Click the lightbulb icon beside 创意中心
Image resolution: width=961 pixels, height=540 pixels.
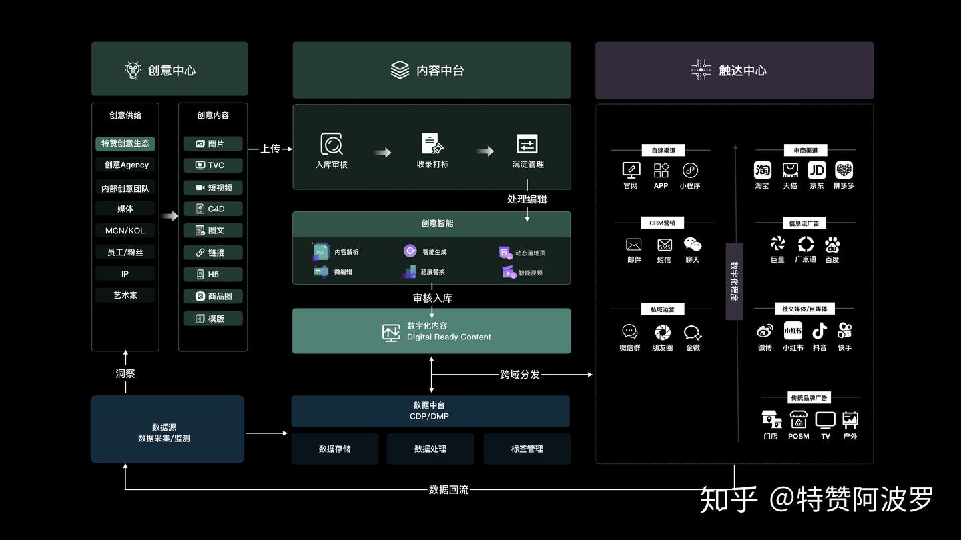(x=133, y=70)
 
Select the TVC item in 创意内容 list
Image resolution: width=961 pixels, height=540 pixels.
(x=213, y=165)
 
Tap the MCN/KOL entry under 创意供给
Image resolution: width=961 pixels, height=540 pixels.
(x=125, y=231)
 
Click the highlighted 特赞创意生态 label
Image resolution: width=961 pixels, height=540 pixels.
(x=125, y=143)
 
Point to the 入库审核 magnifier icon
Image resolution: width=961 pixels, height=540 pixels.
(x=332, y=144)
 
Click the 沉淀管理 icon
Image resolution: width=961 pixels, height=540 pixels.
(x=527, y=144)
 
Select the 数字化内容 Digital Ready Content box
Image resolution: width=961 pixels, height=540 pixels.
(x=431, y=331)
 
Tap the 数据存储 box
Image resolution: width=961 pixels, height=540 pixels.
(x=334, y=449)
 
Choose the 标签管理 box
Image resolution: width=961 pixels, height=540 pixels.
(x=527, y=449)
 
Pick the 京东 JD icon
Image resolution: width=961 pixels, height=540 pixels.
(x=817, y=170)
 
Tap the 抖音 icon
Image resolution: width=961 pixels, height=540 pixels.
(x=820, y=331)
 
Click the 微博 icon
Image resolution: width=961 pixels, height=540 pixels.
(x=765, y=331)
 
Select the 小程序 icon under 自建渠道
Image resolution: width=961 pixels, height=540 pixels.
(x=690, y=170)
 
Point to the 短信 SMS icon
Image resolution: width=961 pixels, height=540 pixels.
(x=664, y=245)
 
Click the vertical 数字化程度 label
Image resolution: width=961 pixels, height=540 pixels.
(x=734, y=281)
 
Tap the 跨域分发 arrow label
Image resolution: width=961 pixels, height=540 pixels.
(x=520, y=375)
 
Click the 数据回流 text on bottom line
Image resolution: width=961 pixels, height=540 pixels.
(x=448, y=490)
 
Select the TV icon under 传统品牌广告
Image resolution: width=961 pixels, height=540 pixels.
(x=826, y=420)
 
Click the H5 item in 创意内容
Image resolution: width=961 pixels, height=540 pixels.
(x=213, y=274)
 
